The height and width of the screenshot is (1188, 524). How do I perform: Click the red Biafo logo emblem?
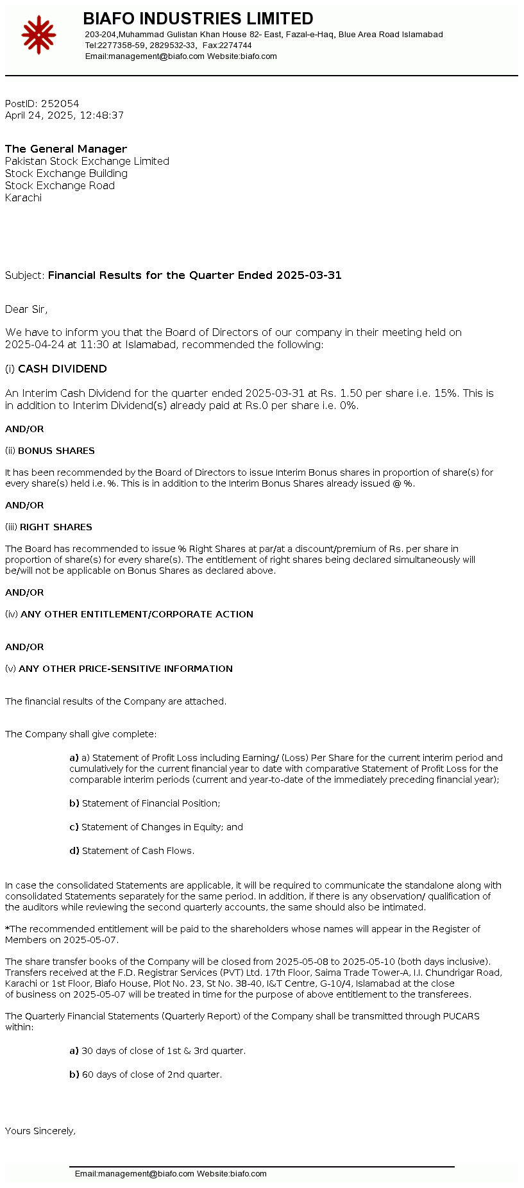[x=38, y=35]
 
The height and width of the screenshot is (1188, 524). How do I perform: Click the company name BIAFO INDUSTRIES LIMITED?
[x=198, y=19]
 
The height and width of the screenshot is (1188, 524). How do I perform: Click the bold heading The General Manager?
[x=66, y=149]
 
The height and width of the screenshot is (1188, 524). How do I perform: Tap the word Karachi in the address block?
[x=24, y=198]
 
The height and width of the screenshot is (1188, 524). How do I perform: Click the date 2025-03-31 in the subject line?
[x=308, y=276]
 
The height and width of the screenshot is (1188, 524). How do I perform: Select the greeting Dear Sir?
[x=26, y=310]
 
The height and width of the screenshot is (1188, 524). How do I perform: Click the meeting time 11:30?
[x=94, y=345]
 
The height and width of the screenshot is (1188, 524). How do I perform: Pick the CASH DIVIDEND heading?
[x=62, y=369]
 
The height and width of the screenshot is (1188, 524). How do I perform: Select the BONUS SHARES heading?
[x=56, y=451]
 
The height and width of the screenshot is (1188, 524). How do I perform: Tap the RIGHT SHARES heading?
[x=56, y=527]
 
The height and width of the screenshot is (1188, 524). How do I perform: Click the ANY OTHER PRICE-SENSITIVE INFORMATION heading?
[x=126, y=669]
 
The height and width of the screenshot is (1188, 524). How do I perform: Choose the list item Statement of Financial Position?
[x=151, y=803]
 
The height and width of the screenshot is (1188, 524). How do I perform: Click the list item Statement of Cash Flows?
[x=138, y=851]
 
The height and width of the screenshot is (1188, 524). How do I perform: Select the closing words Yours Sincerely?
[x=40, y=1131]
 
